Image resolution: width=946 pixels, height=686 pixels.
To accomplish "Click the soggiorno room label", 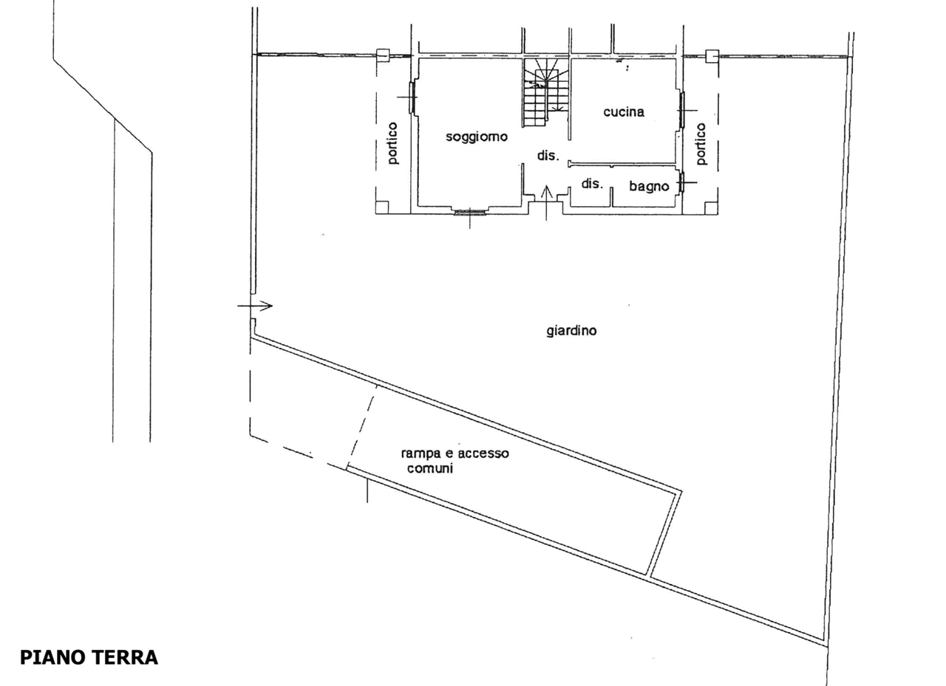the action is point(477,137).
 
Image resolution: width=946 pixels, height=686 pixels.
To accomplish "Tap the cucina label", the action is point(624,112).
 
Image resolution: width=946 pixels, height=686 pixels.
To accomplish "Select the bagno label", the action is point(649,186).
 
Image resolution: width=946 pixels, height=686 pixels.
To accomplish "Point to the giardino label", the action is point(571,330).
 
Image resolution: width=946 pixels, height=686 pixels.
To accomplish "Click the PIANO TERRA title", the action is point(89,657).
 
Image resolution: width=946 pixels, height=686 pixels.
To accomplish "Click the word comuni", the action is point(430,468).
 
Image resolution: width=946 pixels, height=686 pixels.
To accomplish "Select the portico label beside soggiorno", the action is point(392,143).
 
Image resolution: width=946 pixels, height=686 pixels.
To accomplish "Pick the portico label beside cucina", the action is point(701,144).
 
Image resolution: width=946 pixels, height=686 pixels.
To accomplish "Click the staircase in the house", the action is point(547,92).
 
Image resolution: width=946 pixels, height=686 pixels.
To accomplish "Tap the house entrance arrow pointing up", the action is point(546,203).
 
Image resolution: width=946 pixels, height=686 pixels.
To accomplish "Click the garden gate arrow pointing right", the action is point(255,306).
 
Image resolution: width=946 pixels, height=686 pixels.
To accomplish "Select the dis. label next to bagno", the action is point(592,184).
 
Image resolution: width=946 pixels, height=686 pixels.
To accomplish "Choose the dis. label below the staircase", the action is point(548,155).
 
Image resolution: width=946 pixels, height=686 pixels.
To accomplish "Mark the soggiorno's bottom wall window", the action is point(469,212).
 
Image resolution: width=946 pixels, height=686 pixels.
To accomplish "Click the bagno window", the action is point(681,182).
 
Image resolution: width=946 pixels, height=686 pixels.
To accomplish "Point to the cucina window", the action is point(681,110).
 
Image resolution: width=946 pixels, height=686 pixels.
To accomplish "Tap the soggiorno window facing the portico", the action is point(412,97).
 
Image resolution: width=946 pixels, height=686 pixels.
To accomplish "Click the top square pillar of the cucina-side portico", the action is point(712,55).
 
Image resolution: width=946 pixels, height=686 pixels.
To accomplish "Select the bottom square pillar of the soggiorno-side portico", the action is point(382,207).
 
